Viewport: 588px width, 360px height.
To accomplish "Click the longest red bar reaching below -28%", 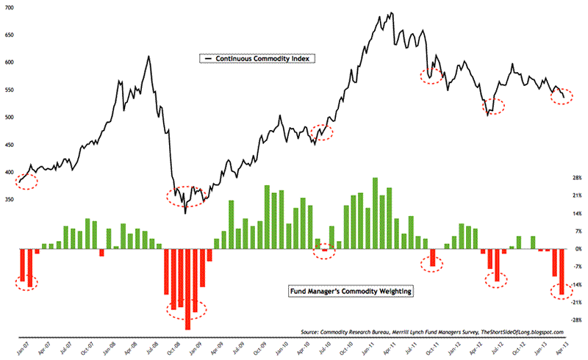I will tap(188, 289).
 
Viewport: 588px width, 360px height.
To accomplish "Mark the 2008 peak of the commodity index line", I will tap(149, 57).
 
